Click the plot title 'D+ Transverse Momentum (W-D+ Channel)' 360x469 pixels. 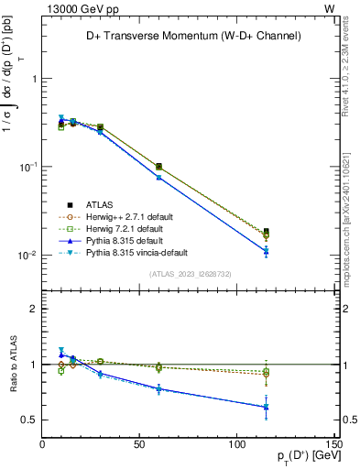pyautogui.click(x=190, y=37)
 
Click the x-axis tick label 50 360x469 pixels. pyautogui.click(x=140, y=444)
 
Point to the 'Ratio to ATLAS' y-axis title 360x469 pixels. pyautogui.click(x=12, y=366)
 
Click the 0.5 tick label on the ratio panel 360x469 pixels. pyautogui.click(x=29, y=420)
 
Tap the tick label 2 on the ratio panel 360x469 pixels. pyautogui.click(x=34, y=309)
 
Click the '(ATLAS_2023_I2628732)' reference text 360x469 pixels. pyautogui.click(x=190, y=273)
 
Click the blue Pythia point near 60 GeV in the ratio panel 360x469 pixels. pyautogui.click(x=158, y=388)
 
